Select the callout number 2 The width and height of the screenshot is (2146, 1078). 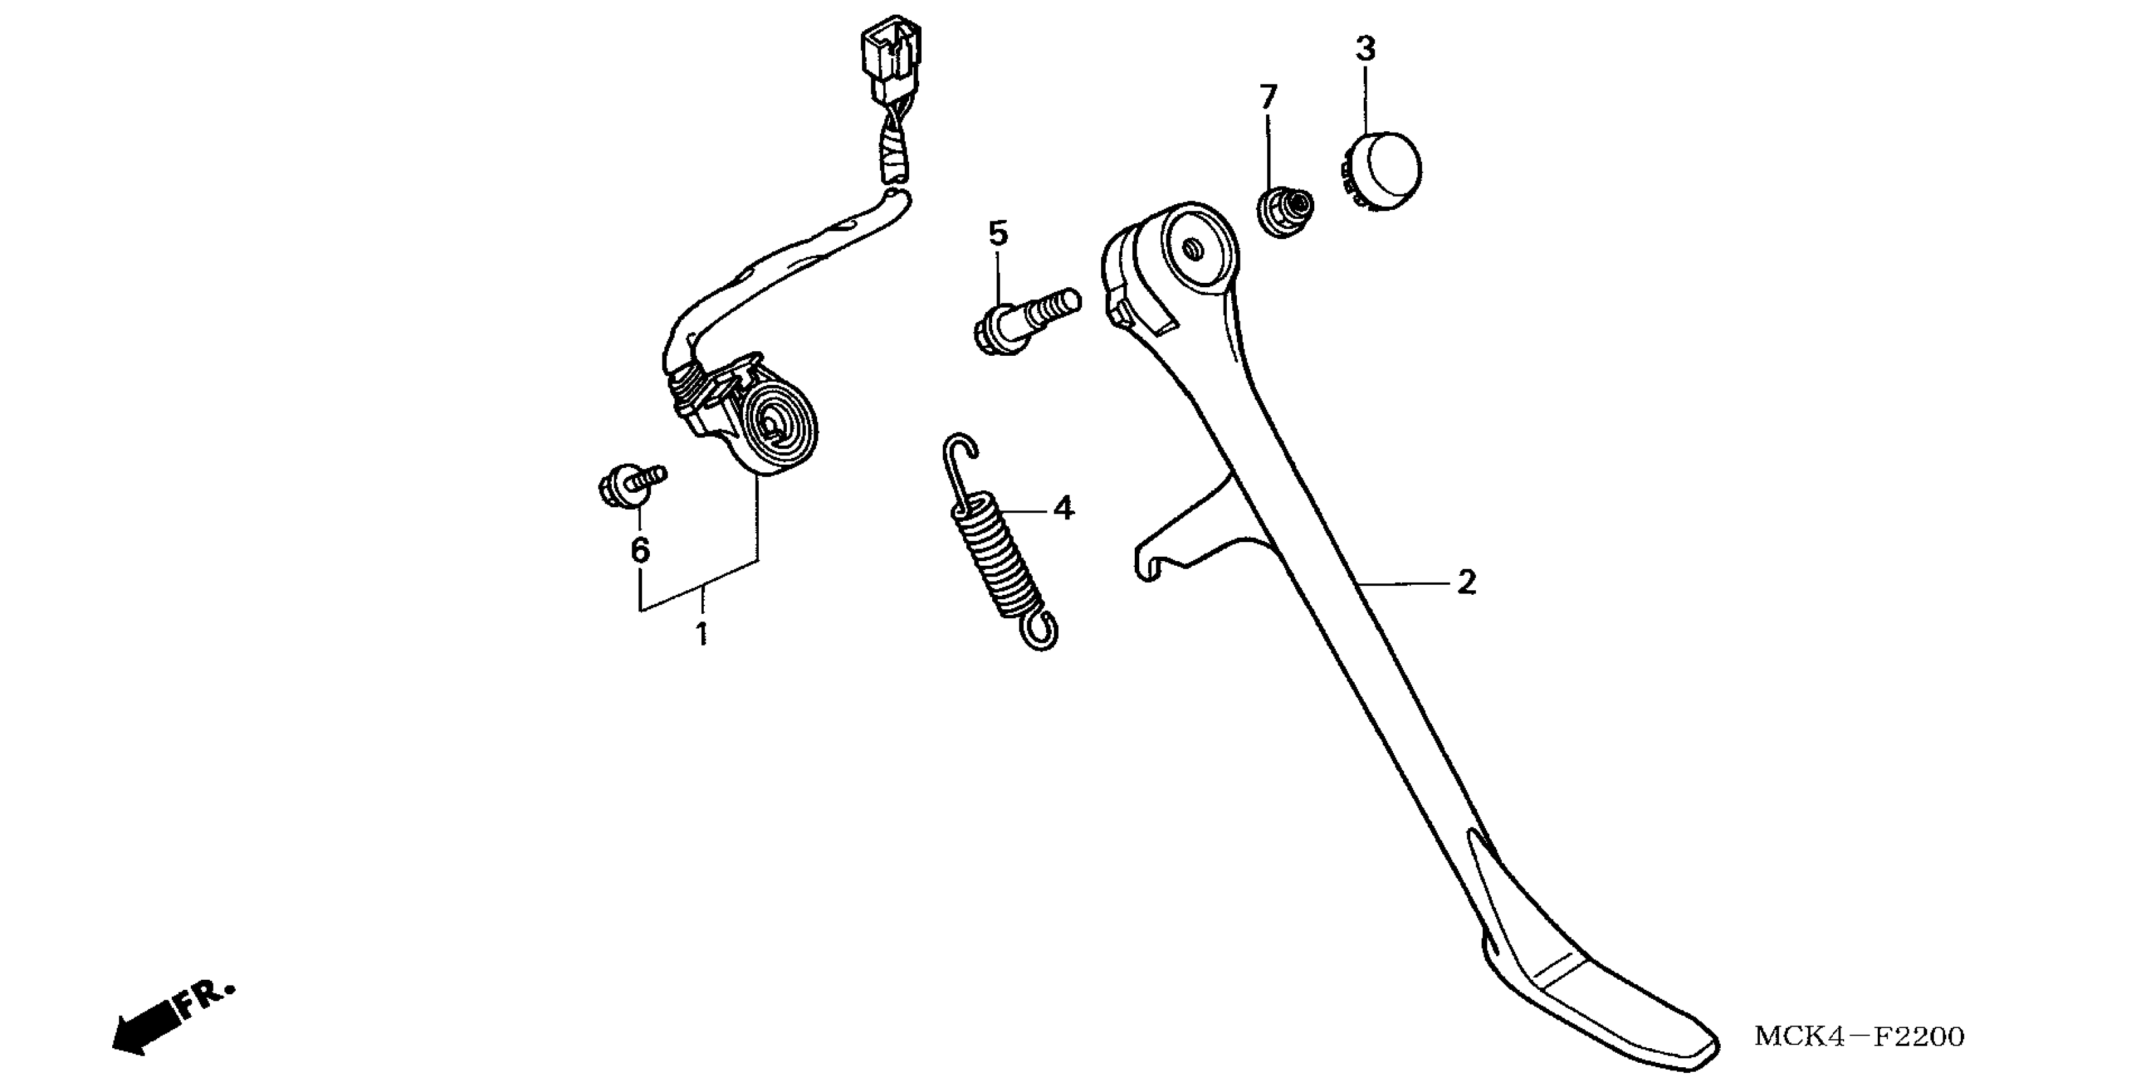click(1466, 582)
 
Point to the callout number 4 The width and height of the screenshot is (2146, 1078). click(1064, 507)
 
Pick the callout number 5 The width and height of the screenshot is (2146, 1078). click(998, 233)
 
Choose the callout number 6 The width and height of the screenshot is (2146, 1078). click(640, 550)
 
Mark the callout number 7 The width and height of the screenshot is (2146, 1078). click(1268, 98)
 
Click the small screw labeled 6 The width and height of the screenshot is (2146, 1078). click(631, 483)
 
